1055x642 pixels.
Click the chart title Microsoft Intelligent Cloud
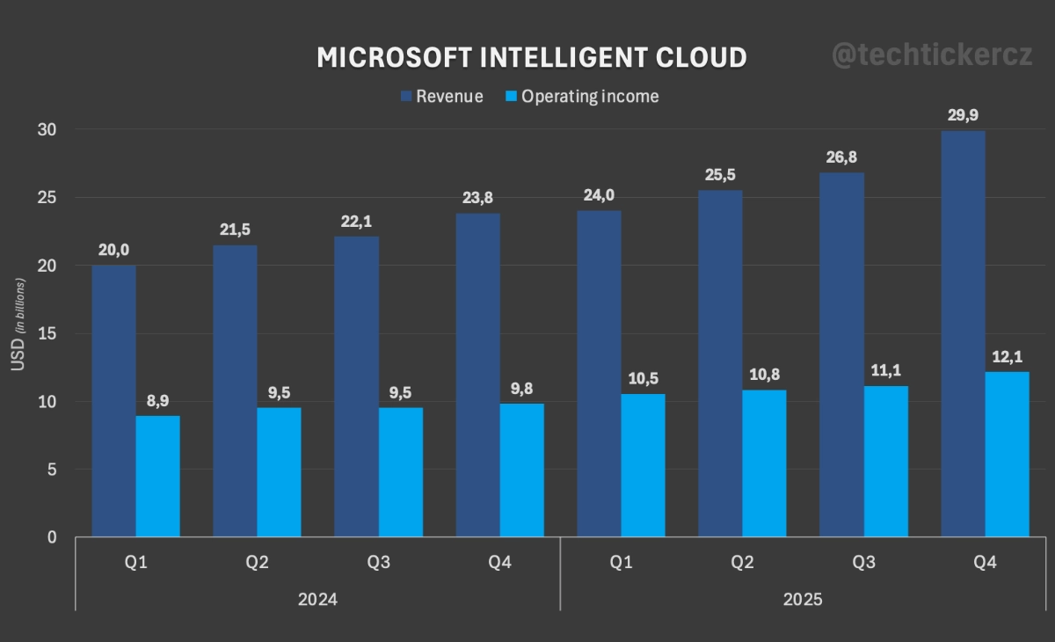coord(532,57)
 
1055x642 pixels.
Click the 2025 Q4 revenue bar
coord(963,334)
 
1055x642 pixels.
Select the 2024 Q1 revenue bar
coord(114,401)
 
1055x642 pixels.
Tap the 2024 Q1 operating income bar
coord(158,476)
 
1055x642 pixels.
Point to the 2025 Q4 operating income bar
coord(1007,454)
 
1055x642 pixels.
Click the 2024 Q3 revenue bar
coord(357,387)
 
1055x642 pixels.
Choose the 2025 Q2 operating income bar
coord(764,463)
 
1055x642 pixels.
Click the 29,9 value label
coord(963,114)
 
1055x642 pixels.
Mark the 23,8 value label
coord(478,197)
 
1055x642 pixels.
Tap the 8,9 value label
coord(158,399)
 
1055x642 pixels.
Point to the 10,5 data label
coord(643,378)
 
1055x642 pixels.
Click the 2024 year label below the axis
coord(317,600)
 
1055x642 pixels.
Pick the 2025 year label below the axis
coord(802,600)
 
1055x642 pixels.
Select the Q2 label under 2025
coord(742,562)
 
